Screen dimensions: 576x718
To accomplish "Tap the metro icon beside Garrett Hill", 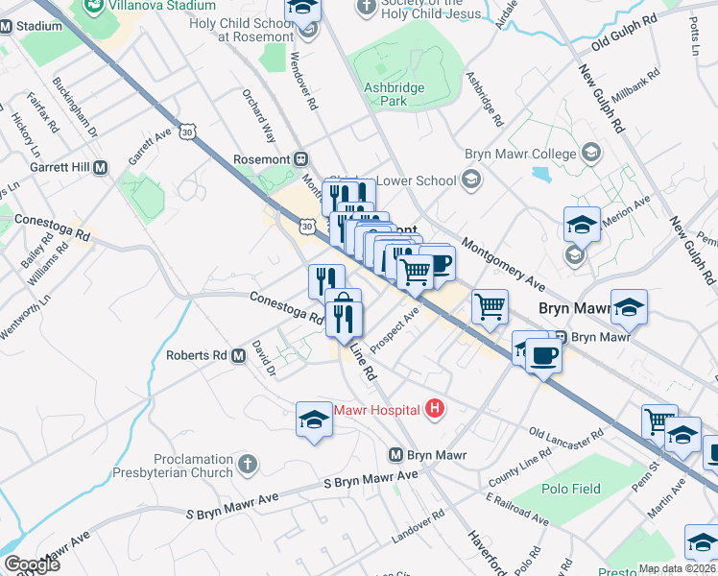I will tap(101, 167).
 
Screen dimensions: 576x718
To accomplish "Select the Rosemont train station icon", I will tap(300, 158).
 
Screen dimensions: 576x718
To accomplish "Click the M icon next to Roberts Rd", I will tap(239, 355).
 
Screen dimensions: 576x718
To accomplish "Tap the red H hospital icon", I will tap(435, 410).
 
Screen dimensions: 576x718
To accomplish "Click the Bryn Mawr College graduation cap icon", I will tap(591, 154).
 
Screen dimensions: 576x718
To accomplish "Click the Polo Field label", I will tap(573, 489).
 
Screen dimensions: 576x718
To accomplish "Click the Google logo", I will tap(32, 564).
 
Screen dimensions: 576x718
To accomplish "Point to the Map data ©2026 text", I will tap(677, 568).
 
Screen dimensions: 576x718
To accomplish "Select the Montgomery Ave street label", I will tap(504, 264).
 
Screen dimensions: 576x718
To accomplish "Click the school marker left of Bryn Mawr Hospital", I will tap(314, 420).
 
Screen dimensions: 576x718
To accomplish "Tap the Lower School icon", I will tap(471, 179).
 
